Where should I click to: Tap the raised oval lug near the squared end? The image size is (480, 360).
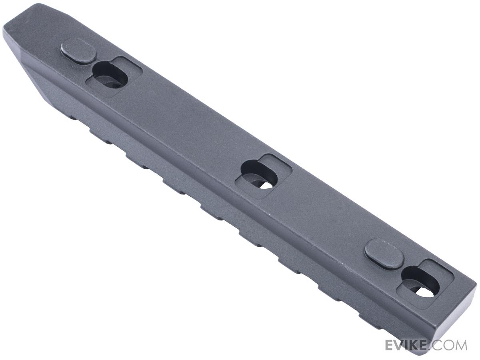pyautogui.click(x=384, y=252)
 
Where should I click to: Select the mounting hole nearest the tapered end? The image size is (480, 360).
pyautogui.click(x=110, y=74)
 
